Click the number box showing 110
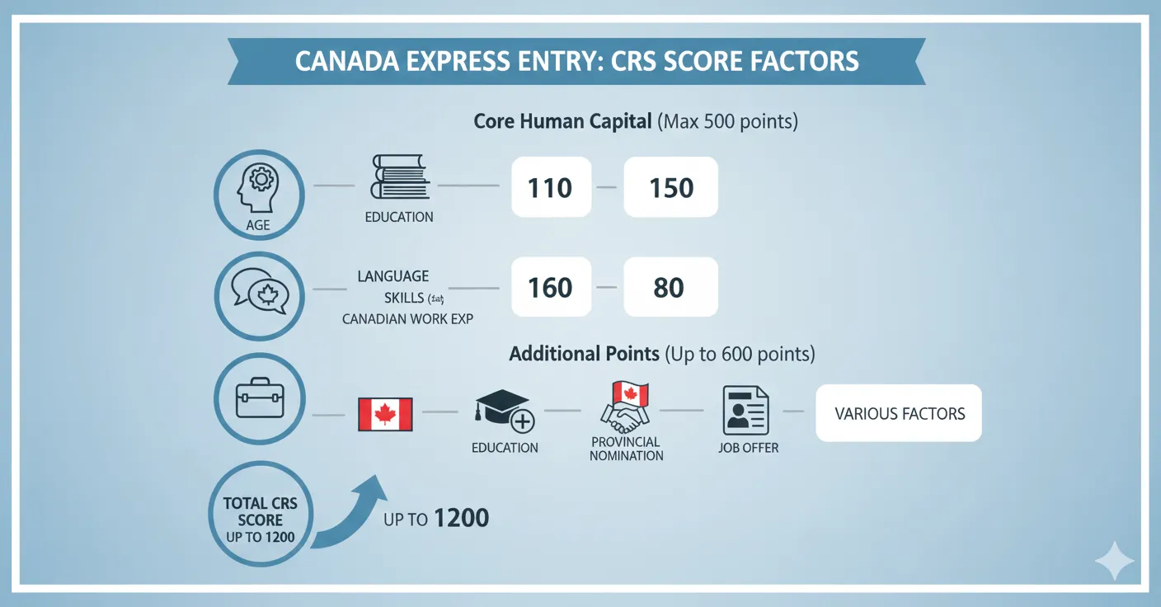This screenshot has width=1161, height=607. (x=551, y=187)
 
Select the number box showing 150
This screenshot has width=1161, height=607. (x=670, y=187)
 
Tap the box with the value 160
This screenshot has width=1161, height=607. (x=551, y=287)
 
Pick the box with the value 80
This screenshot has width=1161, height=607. (x=670, y=287)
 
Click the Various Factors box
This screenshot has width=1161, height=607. (x=899, y=413)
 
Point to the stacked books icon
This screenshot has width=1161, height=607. (x=398, y=177)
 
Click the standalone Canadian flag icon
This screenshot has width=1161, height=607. (x=385, y=414)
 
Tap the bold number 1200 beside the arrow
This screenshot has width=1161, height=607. (x=461, y=519)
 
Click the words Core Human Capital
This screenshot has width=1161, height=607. (x=563, y=122)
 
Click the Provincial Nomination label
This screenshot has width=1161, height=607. (x=627, y=449)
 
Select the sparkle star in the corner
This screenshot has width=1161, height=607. (x=1113, y=562)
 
